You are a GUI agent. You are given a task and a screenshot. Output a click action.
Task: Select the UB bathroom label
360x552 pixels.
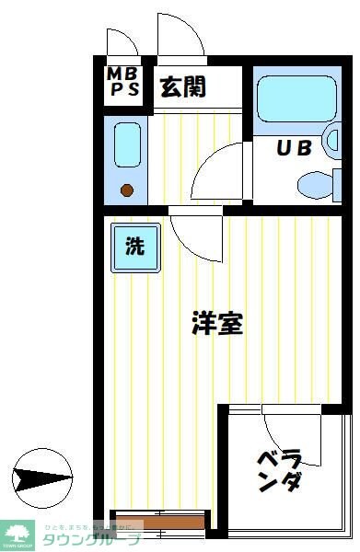point(295,146)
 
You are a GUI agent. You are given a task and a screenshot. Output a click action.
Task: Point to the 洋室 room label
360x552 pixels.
point(217,323)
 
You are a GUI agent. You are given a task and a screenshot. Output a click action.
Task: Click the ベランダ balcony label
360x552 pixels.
point(279,470)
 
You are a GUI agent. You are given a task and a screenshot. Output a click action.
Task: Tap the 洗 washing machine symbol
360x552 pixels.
point(134,247)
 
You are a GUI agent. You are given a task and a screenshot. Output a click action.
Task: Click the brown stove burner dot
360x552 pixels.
point(127,190)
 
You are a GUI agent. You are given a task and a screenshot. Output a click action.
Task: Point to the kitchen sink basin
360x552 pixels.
point(126,144)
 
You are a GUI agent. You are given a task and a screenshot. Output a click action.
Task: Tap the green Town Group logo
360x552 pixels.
point(18,533)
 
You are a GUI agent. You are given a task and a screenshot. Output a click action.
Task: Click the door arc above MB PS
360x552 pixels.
point(122,43)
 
